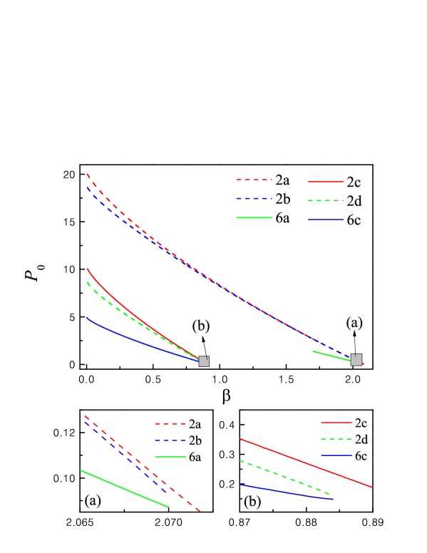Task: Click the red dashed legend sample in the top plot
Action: pos(254,180)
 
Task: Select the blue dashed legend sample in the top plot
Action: pos(254,198)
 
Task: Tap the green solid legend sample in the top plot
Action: pos(254,217)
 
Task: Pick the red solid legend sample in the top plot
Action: pos(325,182)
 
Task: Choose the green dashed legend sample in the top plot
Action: pos(325,201)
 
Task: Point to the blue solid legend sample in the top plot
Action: pos(325,219)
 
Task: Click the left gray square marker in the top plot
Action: pos(203,361)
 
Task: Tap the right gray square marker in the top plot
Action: pos(356,360)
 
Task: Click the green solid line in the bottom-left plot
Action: pos(125,489)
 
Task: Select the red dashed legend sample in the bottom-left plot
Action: pos(170,423)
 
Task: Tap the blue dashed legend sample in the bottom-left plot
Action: pos(170,440)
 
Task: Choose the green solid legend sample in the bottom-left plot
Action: pos(170,457)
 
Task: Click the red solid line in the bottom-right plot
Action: pos(307,463)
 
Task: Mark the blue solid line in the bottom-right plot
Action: pos(285,492)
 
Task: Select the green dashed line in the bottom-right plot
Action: pos(285,476)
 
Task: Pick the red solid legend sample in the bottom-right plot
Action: pos(336,422)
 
